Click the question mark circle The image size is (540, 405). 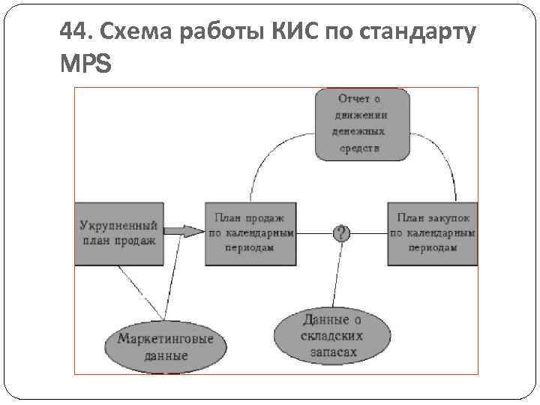(x=342, y=232)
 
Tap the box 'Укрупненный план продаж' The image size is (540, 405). (x=118, y=232)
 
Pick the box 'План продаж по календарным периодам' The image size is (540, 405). (x=250, y=232)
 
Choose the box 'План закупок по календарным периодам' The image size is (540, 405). (x=433, y=232)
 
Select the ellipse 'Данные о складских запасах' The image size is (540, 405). (x=331, y=335)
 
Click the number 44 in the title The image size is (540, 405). (x=73, y=34)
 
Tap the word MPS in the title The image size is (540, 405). (x=85, y=65)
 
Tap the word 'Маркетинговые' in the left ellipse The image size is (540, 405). (x=165, y=338)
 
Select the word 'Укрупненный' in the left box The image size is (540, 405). (x=118, y=225)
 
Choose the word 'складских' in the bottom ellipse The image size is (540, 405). (x=331, y=335)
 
